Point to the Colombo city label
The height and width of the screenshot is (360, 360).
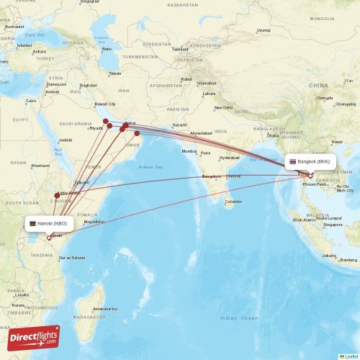pyautogui.click(x=233, y=202)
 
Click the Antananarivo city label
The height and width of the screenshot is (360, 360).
pyautogui.click(x=104, y=308)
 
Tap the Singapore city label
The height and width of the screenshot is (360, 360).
pyautogui.click(x=333, y=225)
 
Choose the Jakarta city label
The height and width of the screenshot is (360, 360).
pyautogui.click(x=329, y=256)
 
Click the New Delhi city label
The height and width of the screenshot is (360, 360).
pyautogui.click(x=223, y=108)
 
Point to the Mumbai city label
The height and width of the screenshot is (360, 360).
pyautogui.click(x=189, y=151)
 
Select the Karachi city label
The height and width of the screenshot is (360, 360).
pyautogui.click(x=179, y=125)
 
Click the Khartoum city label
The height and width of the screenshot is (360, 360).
pyautogui.click(x=40, y=165)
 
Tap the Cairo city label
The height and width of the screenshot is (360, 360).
pyautogui.click(x=31, y=101)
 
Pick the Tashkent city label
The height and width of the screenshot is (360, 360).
pyautogui.click(x=180, y=49)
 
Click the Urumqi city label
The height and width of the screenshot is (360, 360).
pyautogui.click(x=264, y=30)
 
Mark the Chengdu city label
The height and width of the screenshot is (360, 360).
pyautogui.click(x=324, y=98)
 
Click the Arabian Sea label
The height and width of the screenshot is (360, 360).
pyautogui.click(x=151, y=166)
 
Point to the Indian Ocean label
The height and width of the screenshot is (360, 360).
pyautogui.click(x=238, y=318)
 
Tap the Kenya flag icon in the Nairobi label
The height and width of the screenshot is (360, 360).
pyautogui.click(x=33, y=223)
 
